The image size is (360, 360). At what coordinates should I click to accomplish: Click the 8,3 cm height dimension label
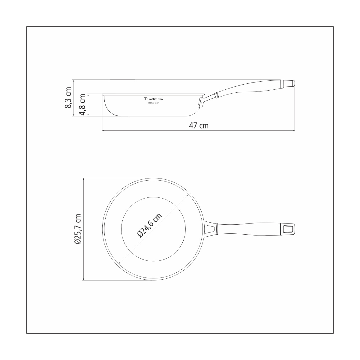68,97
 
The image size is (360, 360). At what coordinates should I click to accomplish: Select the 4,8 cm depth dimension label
82,105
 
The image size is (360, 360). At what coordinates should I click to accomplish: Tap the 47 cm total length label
199,125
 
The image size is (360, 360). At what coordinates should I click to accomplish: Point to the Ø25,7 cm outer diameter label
77,229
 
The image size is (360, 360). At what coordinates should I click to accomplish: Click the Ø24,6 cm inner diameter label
150,225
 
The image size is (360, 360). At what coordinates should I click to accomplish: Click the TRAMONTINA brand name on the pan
155,99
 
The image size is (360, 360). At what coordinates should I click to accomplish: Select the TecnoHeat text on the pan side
153,103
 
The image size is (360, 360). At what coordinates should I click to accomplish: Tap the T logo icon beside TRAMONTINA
145,99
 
